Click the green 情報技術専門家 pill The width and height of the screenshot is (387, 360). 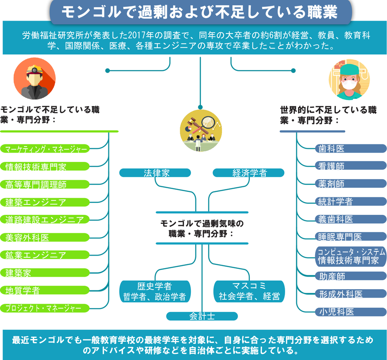coord(45,166)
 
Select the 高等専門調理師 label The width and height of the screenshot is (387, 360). coord(45,184)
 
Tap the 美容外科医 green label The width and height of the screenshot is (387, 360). coord(45,238)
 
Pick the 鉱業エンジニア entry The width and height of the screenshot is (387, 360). coord(45,255)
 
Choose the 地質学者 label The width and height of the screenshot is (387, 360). coord(45,290)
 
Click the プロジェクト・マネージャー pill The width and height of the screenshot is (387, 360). coord(45,308)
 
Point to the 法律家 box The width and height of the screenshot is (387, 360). coord(155,173)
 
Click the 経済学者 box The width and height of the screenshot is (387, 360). coord(249,173)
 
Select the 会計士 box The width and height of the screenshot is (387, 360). coord(202,316)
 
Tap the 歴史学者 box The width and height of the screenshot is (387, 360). coord(155,291)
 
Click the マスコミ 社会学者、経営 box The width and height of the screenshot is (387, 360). coord(249,291)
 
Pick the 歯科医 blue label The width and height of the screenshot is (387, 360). coord(351,149)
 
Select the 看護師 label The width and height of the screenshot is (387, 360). coord(351,166)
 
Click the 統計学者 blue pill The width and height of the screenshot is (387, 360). coord(351,201)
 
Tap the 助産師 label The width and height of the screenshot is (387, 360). coord(351,276)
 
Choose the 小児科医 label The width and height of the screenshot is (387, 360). coord(351,312)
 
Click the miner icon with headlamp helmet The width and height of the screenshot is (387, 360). coord(34,79)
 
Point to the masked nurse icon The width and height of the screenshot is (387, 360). coord(349,79)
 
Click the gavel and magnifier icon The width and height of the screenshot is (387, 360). coord(201,131)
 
